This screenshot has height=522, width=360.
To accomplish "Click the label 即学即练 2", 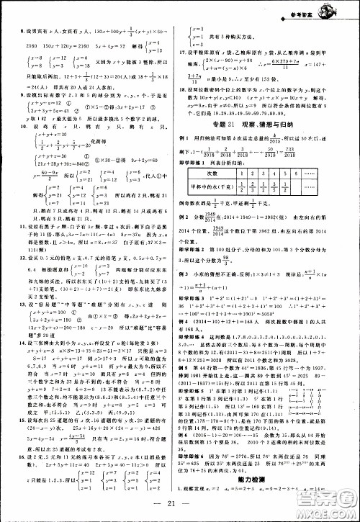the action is tap(203, 246).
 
